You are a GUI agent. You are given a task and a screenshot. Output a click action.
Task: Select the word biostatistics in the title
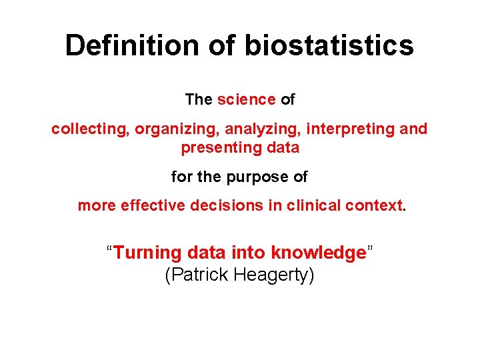pyautogui.click(x=329, y=46)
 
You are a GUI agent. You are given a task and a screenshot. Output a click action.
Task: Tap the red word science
pyautogui.click(x=246, y=100)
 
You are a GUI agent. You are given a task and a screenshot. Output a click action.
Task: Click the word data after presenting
pyautogui.click(x=283, y=147)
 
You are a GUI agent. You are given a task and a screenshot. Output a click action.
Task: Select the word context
pyautogui.click(x=374, y=205)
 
